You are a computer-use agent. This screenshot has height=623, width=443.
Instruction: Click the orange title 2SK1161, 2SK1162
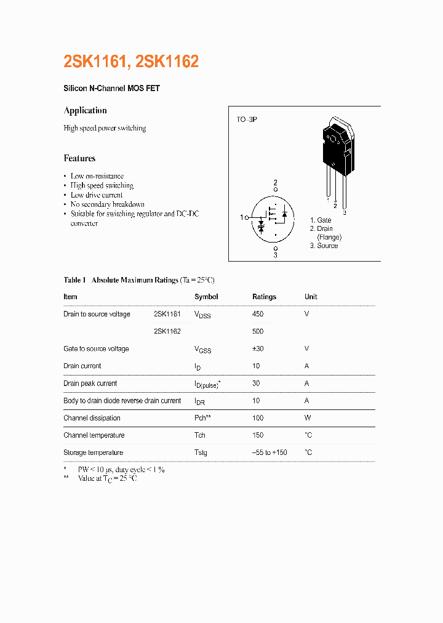coord(131,62)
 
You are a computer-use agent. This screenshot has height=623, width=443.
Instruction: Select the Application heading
coord(85,110)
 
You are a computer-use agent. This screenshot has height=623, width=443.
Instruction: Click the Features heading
coord(79,158)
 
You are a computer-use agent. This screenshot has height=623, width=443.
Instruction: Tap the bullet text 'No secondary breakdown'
coord(107,204)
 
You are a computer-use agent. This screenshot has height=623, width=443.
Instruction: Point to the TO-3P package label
coord(247,119)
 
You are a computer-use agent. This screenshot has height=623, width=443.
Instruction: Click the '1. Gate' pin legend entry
coord(321,220)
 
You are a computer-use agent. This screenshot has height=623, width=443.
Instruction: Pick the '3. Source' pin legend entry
coord(324,246)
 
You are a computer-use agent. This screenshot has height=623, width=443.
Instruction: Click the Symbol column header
coord(206,297)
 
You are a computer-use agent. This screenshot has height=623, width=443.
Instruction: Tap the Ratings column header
coord(264,297)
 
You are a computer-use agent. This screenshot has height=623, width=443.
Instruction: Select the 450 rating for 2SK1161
coord(258,314)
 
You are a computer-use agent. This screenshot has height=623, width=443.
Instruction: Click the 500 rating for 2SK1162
coord(258,331)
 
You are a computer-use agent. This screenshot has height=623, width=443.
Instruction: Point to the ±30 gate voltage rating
coord(258,348)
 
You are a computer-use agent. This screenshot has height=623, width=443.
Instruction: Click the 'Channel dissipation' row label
coord(92,418)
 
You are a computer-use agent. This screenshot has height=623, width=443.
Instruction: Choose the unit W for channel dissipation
coord(308,418)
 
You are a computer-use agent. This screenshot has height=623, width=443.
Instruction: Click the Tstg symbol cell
coord(201,452)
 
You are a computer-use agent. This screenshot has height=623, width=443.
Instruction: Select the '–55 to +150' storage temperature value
coord(269,452)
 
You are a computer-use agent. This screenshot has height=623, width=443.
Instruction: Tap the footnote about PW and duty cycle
coord(121,469)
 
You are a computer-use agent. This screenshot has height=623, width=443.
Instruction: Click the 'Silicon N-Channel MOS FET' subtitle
coord(111,89)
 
